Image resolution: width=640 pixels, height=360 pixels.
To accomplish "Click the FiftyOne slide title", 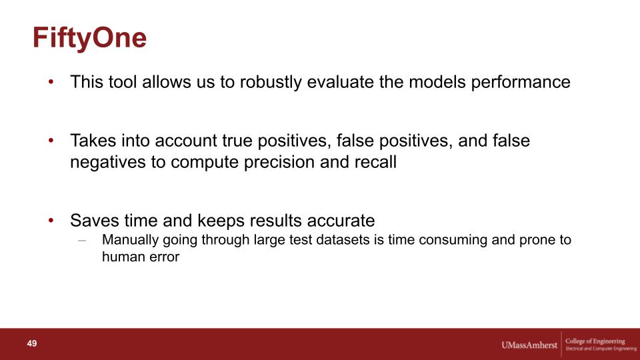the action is click(x=89, y=39).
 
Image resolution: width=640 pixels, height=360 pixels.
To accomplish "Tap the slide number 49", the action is click(x=32, y=343).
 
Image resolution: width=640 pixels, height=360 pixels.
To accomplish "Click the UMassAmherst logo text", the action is click(x=529, y=345).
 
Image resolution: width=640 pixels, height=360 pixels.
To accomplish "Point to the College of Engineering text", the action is click(x=595, y=341).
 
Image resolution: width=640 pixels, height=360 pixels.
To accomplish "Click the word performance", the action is click(x=521, y=83).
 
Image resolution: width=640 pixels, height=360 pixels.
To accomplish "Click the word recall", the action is click(x=375, y=162).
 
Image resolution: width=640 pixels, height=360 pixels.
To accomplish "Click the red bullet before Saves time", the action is click(x=51, y=221).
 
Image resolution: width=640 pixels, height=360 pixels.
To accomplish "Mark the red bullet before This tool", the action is click(x=51, y=81).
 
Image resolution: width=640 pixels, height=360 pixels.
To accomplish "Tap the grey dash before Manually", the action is click(x=82, y=240).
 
